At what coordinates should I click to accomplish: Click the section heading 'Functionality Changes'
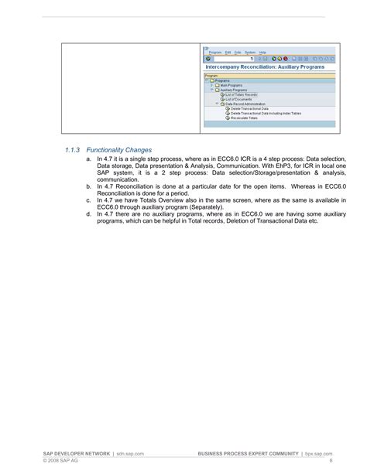coord(119,149)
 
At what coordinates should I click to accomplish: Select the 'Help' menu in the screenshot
coord(262,52)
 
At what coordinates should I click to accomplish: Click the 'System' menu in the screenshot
coord(249,52)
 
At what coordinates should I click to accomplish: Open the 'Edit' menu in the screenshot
coord(227,52)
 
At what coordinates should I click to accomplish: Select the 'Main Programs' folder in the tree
coord(230,85)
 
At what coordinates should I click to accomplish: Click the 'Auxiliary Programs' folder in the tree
coord(234,90)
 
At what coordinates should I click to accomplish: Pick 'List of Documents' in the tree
coord(239,99)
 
